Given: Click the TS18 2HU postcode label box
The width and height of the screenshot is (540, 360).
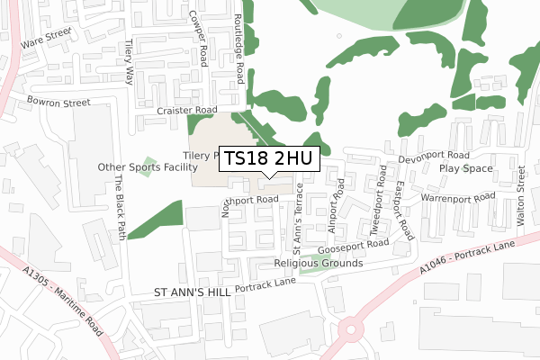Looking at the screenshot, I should coord(268,159).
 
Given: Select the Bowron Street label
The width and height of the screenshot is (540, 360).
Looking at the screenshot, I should coord(58,103).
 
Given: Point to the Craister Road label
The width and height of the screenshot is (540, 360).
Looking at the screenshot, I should coord(187,110).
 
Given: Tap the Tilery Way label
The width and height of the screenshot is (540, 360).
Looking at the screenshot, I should coord(130,59).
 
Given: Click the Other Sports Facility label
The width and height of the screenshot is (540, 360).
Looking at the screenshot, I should coord(148,167).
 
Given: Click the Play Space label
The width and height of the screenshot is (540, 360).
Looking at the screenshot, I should coord(465,168).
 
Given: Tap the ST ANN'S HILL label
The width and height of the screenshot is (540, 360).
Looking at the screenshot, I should coord(192,292).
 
